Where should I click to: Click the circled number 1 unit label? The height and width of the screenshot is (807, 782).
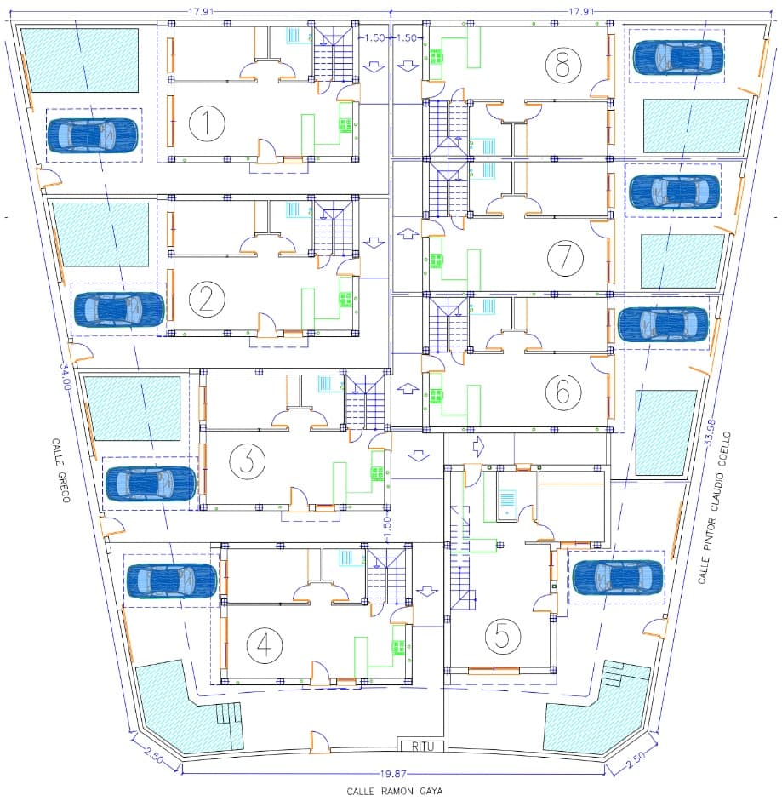coord(206,124)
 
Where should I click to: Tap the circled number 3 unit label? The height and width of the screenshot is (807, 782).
coord(247,461)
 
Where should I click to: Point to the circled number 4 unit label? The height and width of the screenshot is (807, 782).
coord(264,645)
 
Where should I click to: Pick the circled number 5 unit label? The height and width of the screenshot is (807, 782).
coord(502,635)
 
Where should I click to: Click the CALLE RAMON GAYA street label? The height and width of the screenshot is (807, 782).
coord(394,791)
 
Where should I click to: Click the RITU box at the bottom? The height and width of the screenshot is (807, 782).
coord(423,747)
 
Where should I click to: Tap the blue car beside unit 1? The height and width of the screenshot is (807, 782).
coord(93,135)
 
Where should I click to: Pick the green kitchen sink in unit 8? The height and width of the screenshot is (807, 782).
coord(437,57)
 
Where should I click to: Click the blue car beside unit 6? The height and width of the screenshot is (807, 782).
coord(663,324)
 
